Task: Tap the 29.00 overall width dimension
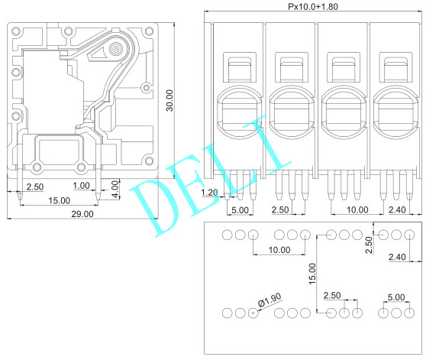click(x=82, y=215)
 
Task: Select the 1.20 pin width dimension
click(x=208, y=193)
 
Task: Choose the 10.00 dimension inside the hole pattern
click(x=279, y=250)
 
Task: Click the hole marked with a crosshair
click(x=253, y=313)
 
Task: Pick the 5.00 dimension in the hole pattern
click(x=396, y=297)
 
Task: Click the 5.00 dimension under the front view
click(x=239, y=209)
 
